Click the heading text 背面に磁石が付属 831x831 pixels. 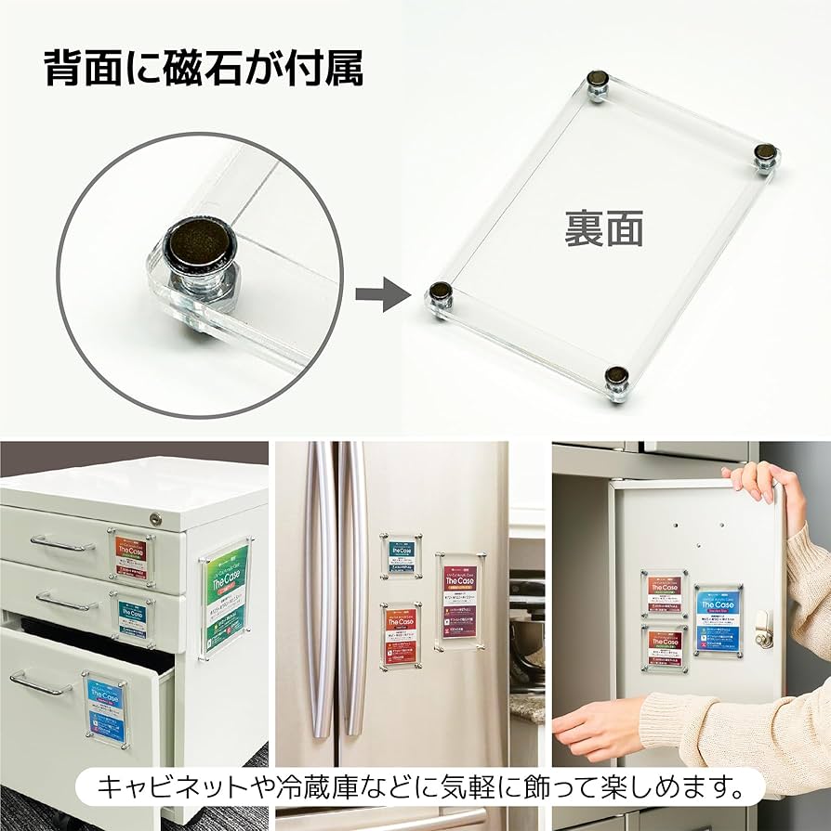click(204, 69)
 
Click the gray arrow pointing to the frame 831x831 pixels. click(382, 297)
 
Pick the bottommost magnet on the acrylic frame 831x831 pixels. click(616, 378)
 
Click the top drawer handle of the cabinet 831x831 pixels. click(61, 542)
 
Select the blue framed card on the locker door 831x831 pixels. click(719, 617)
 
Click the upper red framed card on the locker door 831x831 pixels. click(664, 594)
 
